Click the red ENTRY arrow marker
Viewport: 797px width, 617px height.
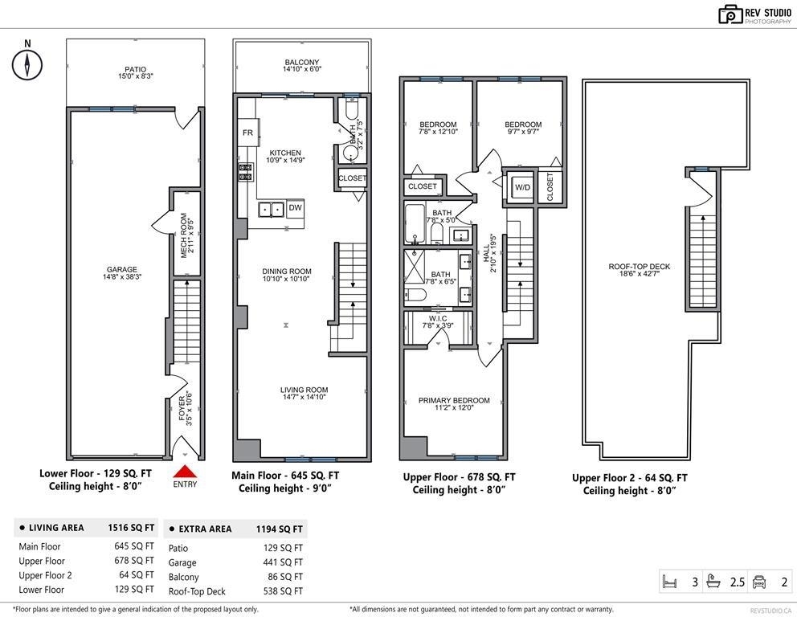[185, 472]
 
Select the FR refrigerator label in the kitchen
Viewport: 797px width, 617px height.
[247, 133]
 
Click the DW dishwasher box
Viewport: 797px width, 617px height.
[295, 208]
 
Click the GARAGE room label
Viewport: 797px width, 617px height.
[122, 269]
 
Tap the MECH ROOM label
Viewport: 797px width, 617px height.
[183, 235]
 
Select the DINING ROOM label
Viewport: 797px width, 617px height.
[287, 272]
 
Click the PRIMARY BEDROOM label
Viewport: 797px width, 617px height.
[454, 400]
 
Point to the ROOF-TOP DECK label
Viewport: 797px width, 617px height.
[640, 266]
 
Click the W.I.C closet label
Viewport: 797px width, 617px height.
[438, 319]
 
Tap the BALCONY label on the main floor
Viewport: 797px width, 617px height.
[302, 62]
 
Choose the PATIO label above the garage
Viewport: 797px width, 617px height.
[135, 69]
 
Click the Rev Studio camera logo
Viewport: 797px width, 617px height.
[731, 14]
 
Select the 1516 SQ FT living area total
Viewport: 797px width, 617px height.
[131, 528]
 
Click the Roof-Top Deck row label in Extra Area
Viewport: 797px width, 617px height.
[197, 591]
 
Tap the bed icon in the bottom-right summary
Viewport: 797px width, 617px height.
[670, 582]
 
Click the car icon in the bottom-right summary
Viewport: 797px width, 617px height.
[759, 582]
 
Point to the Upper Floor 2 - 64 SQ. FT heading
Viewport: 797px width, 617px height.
[629, 478]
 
